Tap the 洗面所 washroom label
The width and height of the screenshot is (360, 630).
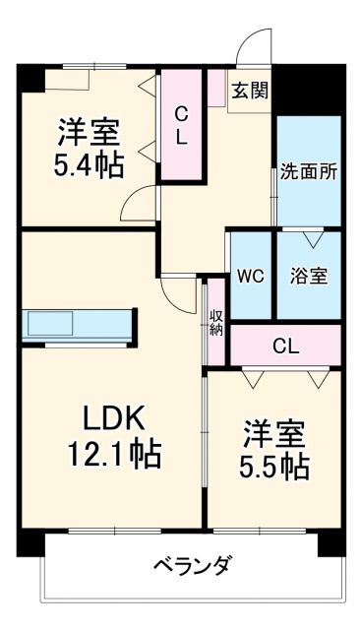click(308, 169)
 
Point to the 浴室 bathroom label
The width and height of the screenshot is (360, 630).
click(308, 277)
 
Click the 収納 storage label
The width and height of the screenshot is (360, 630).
click(215, 324)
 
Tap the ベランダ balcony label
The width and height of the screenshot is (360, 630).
click(193, 566)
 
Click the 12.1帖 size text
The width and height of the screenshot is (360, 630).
click(113, 454)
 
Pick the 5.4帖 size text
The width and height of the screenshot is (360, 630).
click(89, 165)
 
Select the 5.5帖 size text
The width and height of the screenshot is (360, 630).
click(275, 465)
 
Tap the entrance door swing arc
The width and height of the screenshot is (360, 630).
click(256, 46)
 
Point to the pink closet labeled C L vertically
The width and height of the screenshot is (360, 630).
click(181, 125)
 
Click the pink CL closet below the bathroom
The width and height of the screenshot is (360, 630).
click(285, 346)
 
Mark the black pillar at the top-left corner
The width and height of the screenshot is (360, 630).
click(29, 76)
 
